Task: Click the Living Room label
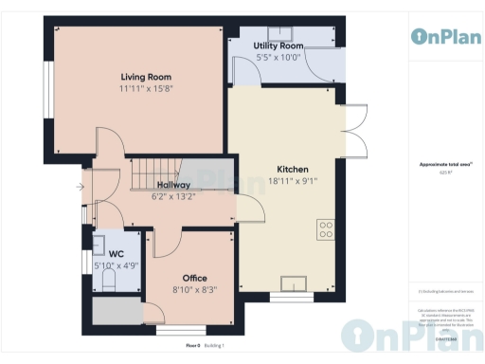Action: [x=137, y=77]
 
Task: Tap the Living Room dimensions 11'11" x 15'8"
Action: [x=137, y=88]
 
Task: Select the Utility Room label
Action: [x=278, y=45]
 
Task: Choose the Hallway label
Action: [x=173, y=185]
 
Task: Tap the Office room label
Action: [x=195, y=279]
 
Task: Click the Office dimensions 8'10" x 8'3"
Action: [x=195, y=290]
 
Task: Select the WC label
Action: [x=116, y=254]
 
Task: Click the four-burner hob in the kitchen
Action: [x=326, y=228]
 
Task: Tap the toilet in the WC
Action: [x=107, y=282]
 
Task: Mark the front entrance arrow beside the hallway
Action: [x=80, y=187]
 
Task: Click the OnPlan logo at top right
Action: [x=445, y=36]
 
